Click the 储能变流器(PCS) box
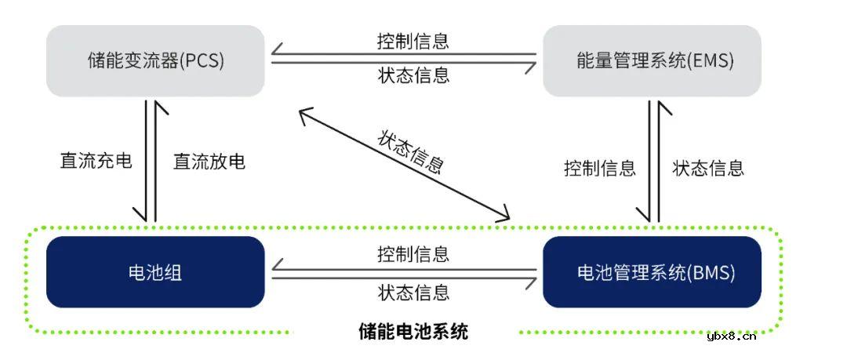[x=155, y=61]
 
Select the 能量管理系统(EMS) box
[x=652, y=61]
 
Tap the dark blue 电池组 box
[x=155, y=272]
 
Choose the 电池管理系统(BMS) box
[x=652, y=272]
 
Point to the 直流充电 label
[x=96, y=162]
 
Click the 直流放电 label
[x=209, y=162]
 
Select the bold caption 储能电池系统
[x=413, y=331]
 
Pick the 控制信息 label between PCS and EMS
[x=413, y=41]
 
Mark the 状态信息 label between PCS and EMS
[x=413, y=75]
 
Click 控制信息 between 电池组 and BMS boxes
[x=413, y=254]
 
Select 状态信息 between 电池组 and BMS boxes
[x=413, y=293]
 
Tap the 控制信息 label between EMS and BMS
[x=599, y=168]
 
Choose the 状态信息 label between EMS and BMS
[x=708, y=168]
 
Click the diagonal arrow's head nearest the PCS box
[x=302, y=113]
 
